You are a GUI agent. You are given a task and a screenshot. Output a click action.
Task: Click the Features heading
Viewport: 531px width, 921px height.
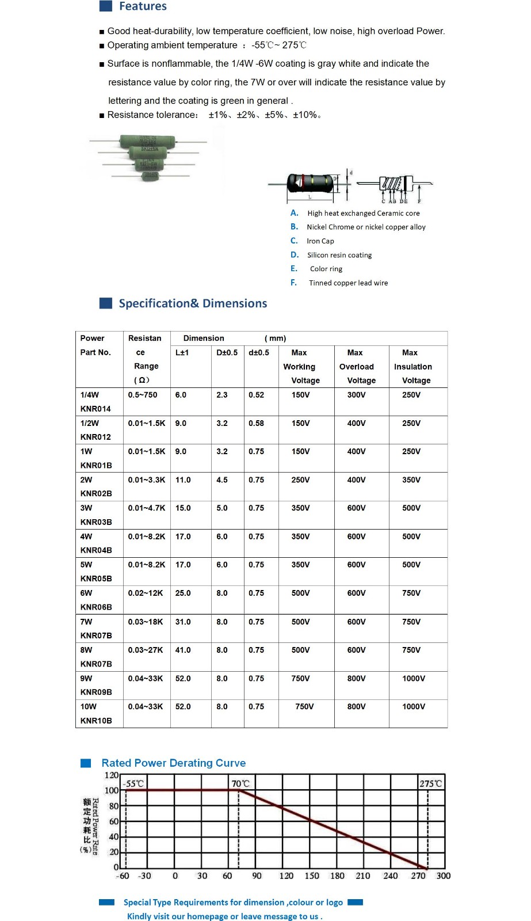pyautogui.click(x=143, y=6)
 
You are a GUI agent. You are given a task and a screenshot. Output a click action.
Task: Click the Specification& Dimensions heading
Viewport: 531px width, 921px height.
pyautogui.click(x=193, y=303)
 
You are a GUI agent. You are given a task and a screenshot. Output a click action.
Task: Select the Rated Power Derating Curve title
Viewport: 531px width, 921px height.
pyautogui.click(x=173, y=763)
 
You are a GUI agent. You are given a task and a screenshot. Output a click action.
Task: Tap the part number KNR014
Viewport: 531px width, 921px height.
pyautogui.click(x=95, y=409)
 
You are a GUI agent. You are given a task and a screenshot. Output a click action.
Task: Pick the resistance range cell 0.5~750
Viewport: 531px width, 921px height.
pyautogui.click(x=143, y=395)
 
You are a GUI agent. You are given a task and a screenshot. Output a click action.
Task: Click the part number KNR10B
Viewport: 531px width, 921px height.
pyautogui.click(x=96, y=721)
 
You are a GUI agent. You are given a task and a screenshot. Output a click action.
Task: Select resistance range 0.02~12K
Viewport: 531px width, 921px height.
pyautogui.click(x=146, y=593)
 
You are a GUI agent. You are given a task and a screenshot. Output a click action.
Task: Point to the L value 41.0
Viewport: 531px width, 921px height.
pyautogui.click(x=183, y=650)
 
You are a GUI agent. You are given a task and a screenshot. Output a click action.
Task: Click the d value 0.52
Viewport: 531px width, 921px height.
pyautogui.click(x=257, y=395)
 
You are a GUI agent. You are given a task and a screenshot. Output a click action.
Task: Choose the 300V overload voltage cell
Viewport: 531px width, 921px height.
pyautogui.click(x=356, y=395)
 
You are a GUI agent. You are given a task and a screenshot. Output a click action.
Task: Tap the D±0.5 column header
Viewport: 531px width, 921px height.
pyautogui.click(x=227, y=352)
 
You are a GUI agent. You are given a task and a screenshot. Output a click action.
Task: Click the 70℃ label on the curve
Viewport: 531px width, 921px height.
pyautogui.click(x=240, y=783)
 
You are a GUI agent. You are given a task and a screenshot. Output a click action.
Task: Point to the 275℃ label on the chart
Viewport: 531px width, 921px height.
pyautogui.click(x=430, y=783)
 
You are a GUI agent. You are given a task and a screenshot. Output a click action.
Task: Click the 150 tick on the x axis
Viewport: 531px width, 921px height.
pyautogui.click(x=312, y=876)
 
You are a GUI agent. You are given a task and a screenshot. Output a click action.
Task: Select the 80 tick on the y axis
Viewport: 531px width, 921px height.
pyautogui.click(x=113, y=806)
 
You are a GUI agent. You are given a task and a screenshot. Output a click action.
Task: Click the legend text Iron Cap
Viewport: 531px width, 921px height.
pyautogui.click(x=320, y=241)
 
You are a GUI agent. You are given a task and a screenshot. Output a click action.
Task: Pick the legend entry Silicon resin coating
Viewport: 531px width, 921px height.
pyautogui.click(x=339, y=255)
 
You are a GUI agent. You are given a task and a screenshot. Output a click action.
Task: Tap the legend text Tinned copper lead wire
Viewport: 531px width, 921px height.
pyautogui.click(x=348, y=283)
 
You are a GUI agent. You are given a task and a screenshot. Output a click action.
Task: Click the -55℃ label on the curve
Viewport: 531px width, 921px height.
pyautogui.click(x=133, y=783)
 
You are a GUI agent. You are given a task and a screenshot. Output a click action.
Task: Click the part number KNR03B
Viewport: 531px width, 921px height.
pyautogui.click(x=96, y=522)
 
